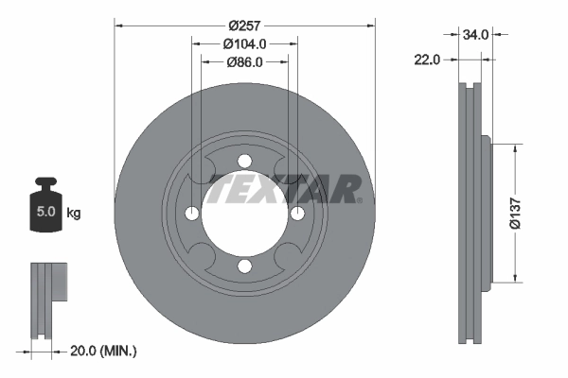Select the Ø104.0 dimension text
click(x=244, y=43)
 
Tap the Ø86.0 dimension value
click(x=244, y=62)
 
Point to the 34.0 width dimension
click(x=475, y=34)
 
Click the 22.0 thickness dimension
click(x=429, y=59)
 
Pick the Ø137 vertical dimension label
click(x=516, y=213)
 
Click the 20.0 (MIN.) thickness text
click(x=104, y=351)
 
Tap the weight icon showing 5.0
click(x=45, y=207)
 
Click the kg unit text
click(x=73, y=213)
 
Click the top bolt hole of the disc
click(x=244, y=160)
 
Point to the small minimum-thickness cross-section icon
click(x=49, y=299)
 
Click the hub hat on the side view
click(x=486, y=213)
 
